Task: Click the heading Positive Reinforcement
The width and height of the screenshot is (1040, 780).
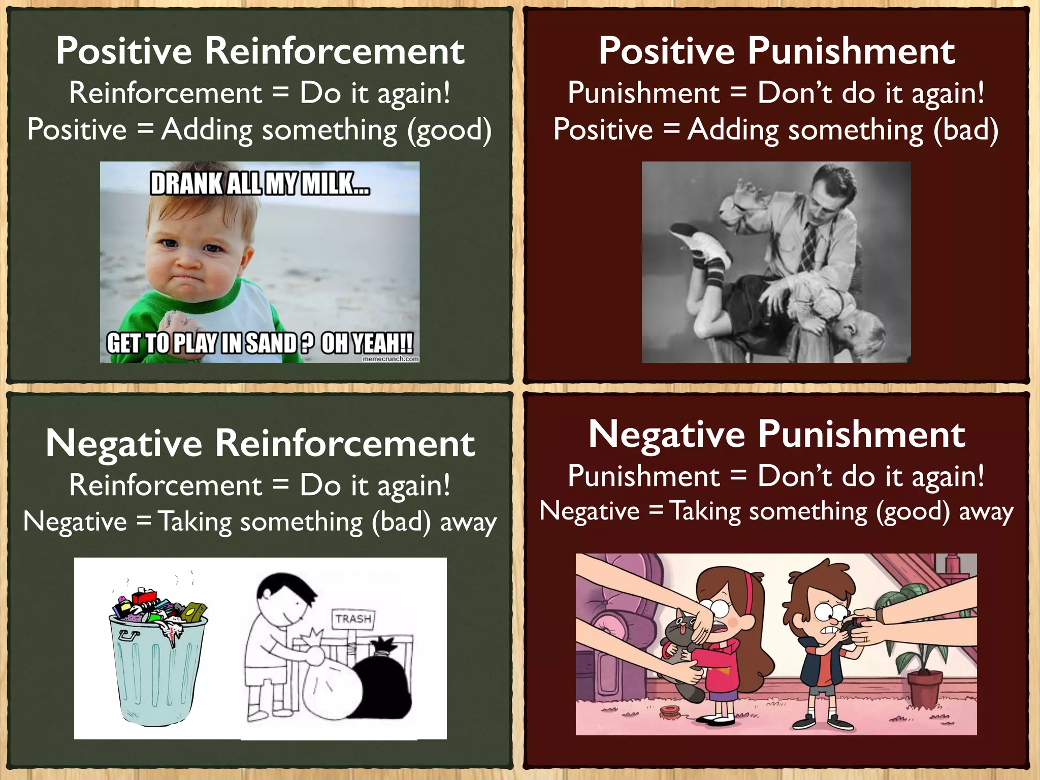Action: click(260, 51)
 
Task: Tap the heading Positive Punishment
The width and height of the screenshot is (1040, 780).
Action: click(776, 51)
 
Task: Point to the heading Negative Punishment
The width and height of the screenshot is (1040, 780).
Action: click(776, 435)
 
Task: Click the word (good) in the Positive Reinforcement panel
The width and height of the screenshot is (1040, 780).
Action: click(449, 130)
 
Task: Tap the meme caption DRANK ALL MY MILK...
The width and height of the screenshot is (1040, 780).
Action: click(259, 183)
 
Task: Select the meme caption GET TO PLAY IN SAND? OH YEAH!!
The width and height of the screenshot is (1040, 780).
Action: click(259, 343)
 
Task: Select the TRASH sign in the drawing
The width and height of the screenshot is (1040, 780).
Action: click(353, 619)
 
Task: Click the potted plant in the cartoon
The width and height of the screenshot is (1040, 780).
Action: click(919, 660)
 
